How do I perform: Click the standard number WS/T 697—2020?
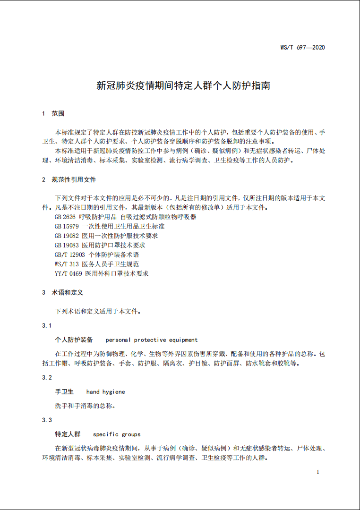tap(302, 47)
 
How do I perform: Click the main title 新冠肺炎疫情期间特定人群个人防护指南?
tap(183, 86)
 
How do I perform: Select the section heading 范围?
tap(58, 114)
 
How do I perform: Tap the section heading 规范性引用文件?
tap(74, 180)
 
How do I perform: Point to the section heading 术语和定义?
tap(68, 293)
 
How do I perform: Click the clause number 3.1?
tap(47, 326)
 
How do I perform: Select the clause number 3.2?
tap(47, 378)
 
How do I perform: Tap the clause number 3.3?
tap(47, 420)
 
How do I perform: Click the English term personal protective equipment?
tap(152, 340)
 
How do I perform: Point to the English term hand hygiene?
tap(106, 392)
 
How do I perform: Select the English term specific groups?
tap(117, 434)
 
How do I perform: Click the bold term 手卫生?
tap(65, 392)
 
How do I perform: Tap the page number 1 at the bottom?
tap(318, 472)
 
